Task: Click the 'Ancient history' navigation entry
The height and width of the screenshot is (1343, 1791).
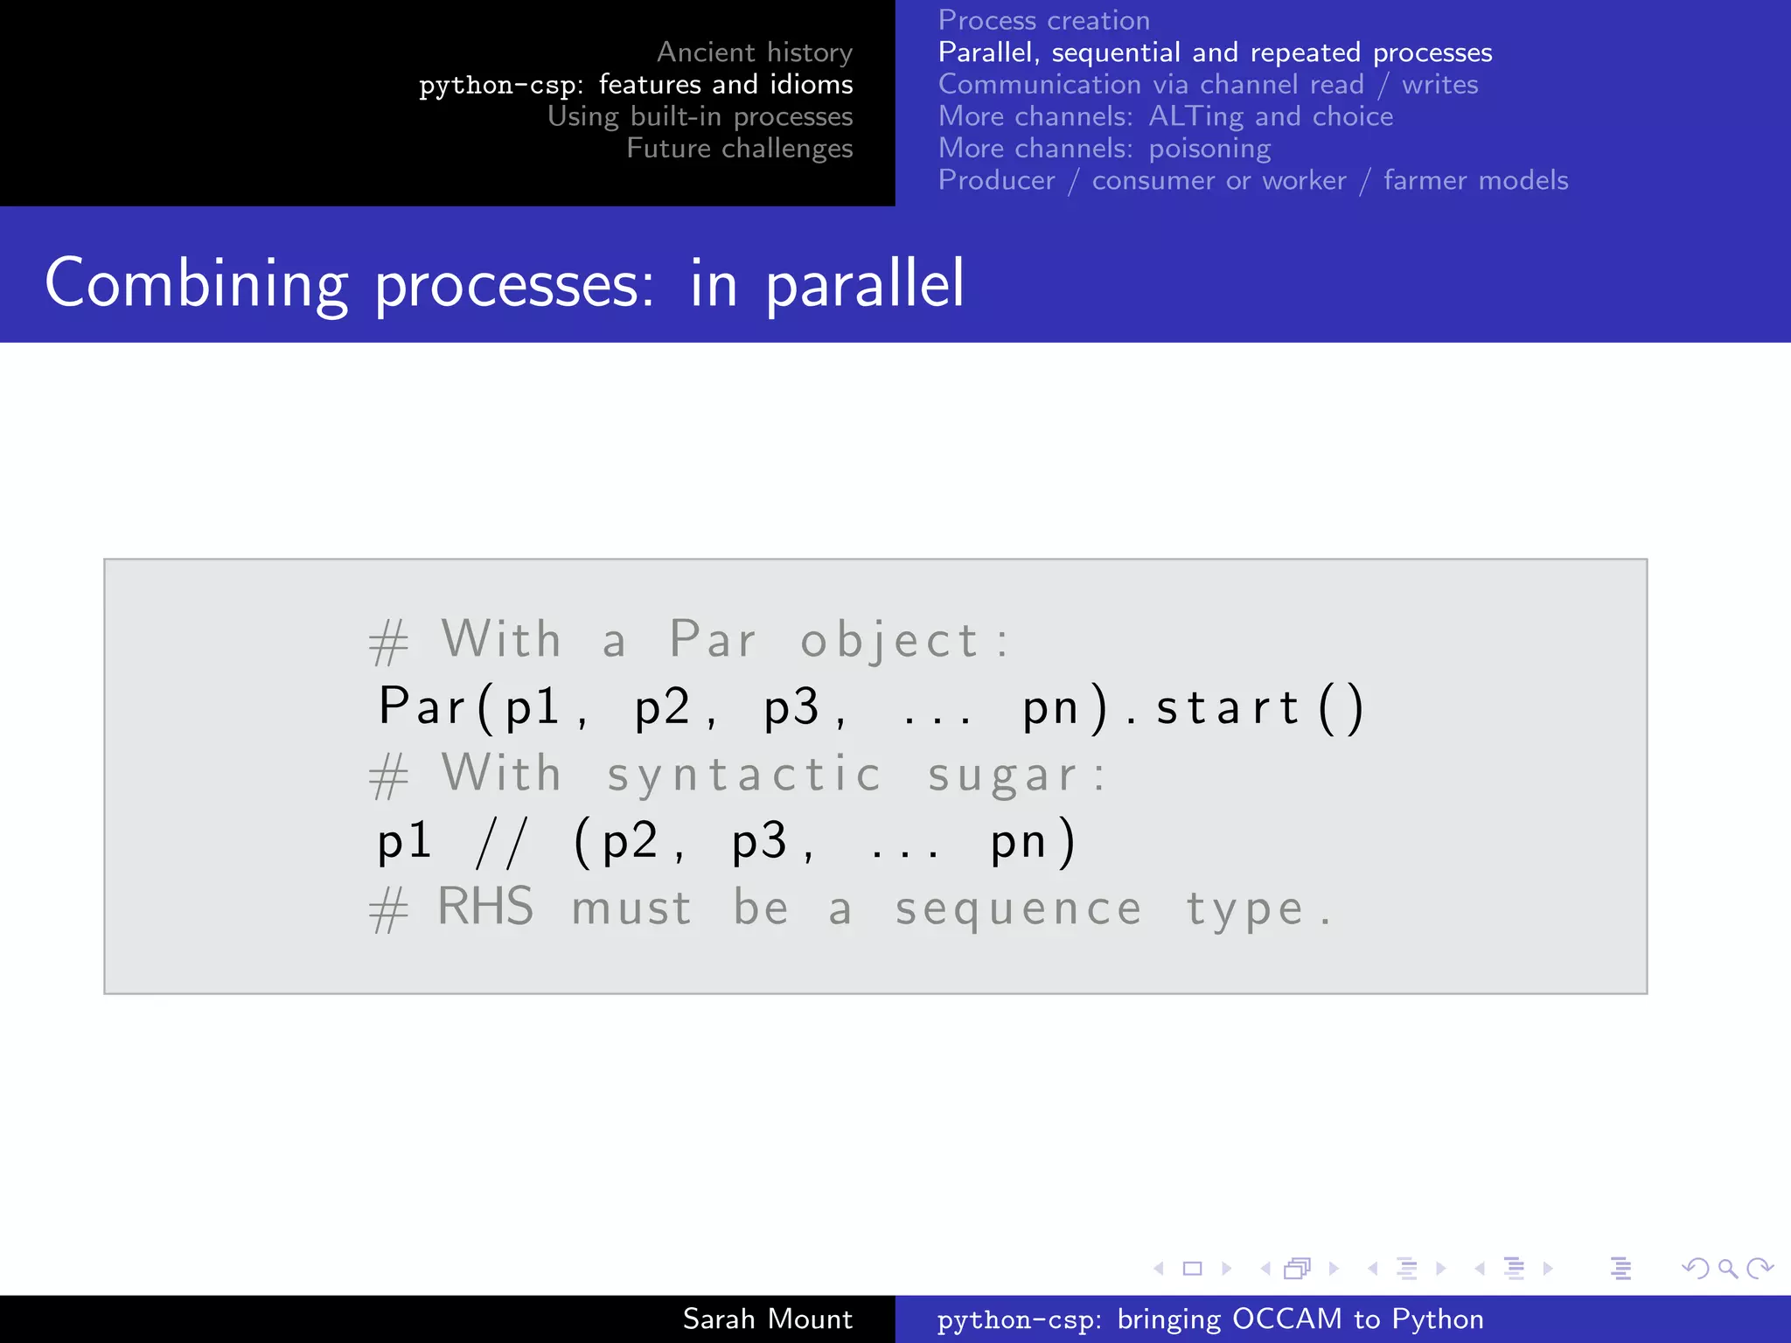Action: tap(754, 52)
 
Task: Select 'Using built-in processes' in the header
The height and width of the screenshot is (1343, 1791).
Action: tap(700, 116)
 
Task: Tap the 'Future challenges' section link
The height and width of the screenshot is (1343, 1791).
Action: tap(739, 149)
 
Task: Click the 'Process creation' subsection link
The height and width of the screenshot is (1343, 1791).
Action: tap(1043, 20)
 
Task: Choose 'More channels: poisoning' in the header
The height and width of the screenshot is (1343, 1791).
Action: tap(1104, 149)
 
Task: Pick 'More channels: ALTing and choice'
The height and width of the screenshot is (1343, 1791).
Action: tap(1165, 116)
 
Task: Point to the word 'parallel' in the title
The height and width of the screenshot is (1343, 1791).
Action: tap(865, 283)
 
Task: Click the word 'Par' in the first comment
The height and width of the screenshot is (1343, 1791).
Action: tap(713, 639)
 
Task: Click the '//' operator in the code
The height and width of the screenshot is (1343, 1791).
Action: tap(502, 843)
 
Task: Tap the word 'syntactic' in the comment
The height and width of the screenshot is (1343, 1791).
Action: tap(744, 775)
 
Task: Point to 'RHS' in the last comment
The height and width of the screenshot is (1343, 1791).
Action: tap(485, 907)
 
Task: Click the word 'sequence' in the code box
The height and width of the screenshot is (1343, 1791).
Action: tap(1019, 909)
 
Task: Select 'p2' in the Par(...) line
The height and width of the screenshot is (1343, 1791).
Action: tap(663, 707)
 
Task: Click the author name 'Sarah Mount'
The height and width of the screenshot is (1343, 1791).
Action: tap(767, 1319)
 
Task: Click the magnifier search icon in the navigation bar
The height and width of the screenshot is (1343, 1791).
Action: tap(1727, 1268)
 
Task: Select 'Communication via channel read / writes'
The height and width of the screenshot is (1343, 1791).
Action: tap(1208, 85)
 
